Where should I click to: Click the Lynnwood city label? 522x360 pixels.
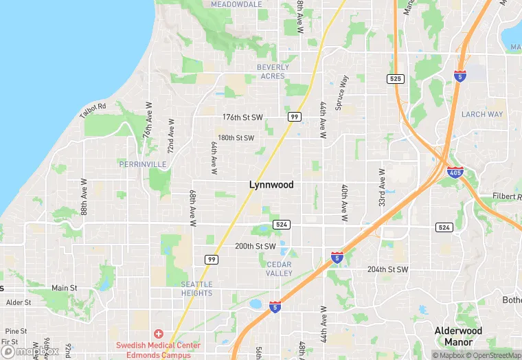click(x=271, y=185)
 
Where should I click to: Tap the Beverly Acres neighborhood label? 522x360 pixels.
click(x=272, y=71)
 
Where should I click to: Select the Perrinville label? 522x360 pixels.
click(x=142, y=165)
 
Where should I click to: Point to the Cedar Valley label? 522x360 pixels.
click(x=279, y=269)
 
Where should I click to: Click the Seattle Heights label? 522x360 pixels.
click(x=196, y=289)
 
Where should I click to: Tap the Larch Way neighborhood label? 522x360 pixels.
click(x=482, y=114)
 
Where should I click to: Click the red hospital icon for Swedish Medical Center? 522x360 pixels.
click(x=159, y=333)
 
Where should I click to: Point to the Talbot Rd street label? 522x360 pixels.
click(x=93, y=110)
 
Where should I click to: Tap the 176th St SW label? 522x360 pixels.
click(x=242, y=117)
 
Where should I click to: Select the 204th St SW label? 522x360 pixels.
click(x=387, y=269)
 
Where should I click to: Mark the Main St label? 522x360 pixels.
click(x=64, y=288)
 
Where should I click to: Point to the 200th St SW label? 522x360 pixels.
click(x=255, y=246)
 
